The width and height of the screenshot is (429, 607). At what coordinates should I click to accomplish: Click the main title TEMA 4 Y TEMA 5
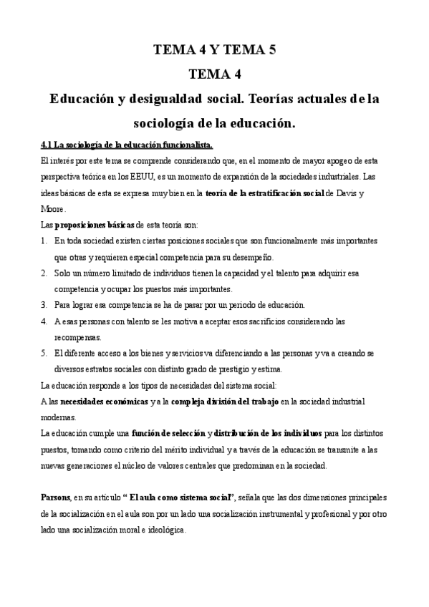214,49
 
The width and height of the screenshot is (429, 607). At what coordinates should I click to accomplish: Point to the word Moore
54,209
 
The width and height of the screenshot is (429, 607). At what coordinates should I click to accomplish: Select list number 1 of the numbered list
44,241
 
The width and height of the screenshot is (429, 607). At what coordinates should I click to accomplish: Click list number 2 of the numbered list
44,273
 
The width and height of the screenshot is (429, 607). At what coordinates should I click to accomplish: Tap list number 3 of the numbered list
44,305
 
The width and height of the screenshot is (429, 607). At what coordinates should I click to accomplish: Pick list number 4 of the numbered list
44,321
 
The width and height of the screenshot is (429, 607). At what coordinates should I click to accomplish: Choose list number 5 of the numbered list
44,354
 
